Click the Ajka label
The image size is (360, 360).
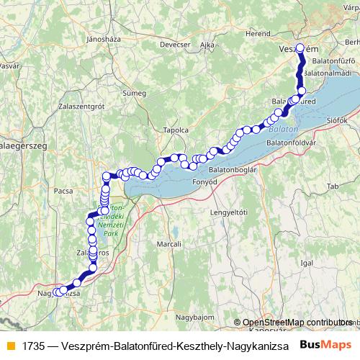(x=207, y=45)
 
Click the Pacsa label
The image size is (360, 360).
(x=63, y=192)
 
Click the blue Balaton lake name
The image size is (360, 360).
(x=282, y=130)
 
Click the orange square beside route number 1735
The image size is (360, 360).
(x=9, y=345)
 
